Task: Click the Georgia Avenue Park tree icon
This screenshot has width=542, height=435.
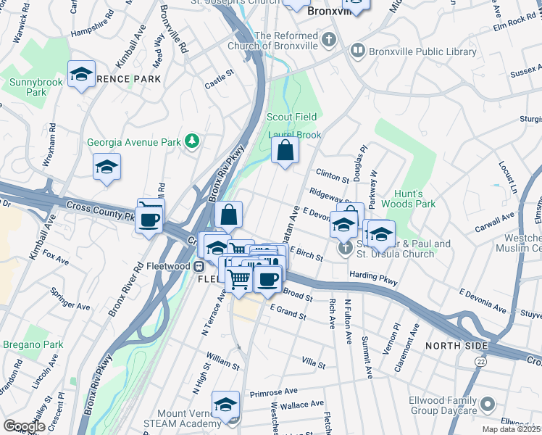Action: coord(192,141)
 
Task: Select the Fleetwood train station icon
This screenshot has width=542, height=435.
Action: coord(197,266)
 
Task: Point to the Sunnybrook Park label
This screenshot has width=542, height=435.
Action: coord(28,88)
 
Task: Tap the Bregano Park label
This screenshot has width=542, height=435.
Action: coord(33,344)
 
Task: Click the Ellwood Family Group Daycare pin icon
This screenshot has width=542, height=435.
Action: coord(489,403)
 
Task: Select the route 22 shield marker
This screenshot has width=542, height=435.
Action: coord(480,360)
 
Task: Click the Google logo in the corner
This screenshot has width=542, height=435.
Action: coord(23,426)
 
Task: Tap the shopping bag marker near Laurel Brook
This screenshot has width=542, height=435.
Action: coord(285,151)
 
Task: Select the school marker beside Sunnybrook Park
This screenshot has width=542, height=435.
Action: coord(82,73)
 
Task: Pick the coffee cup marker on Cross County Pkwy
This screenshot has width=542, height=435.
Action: coord(149,219)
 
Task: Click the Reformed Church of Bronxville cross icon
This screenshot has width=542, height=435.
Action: coord(330,38)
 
